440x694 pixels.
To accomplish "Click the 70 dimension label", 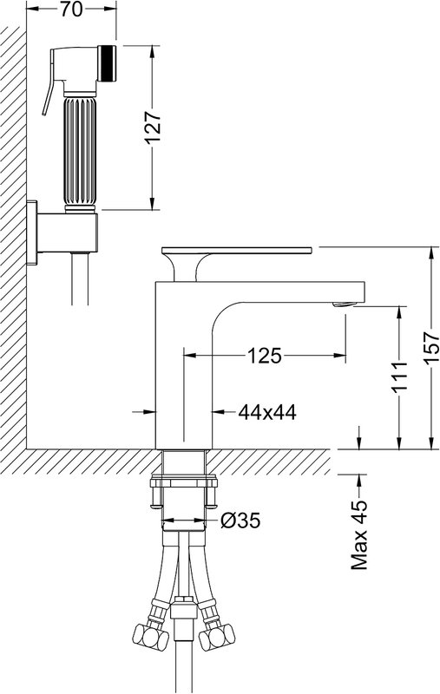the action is [x=71, y=9].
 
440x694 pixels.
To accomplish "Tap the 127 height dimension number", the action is [x=152, y=127].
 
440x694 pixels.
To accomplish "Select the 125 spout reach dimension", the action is [x=264, y=355].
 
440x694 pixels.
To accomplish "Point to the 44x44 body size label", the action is [x=267, y=413].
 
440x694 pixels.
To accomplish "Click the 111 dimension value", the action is [x=399, y=376].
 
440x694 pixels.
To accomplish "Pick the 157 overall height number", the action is [x=431, y=349].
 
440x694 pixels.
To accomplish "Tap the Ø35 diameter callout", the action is [x=240, y=520].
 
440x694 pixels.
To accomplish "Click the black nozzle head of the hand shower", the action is [x=107, y=63].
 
